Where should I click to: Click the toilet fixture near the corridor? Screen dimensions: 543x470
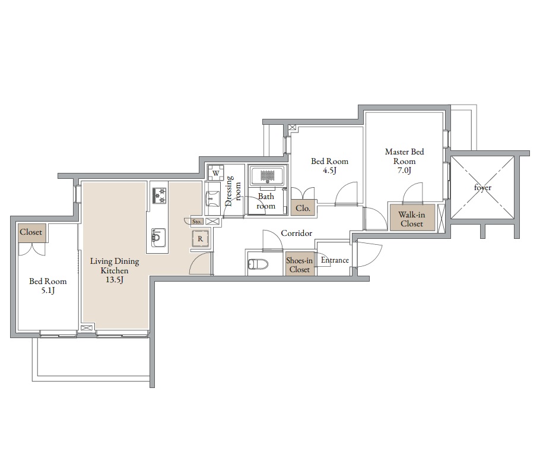(258, 264)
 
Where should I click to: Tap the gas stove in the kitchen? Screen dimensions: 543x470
(159, 195)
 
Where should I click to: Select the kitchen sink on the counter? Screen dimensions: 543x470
(158, 237)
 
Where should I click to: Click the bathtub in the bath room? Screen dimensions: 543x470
(267, 176)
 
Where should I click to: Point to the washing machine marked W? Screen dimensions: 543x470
(216, 173)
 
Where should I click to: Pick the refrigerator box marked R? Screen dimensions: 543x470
(201, 239)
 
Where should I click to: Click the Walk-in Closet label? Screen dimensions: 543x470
(412, 219)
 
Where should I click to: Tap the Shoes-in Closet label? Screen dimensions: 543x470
(299, 265)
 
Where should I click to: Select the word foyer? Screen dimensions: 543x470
(482, 188)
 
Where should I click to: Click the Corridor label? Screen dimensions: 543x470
(297, 234)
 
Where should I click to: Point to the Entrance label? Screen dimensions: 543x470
(335, 260)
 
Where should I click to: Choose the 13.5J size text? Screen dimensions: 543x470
(115, 280)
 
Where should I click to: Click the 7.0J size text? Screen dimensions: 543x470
(405, 170)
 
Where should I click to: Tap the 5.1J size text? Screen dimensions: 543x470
(48, 291)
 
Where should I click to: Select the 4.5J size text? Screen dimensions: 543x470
(330, 170)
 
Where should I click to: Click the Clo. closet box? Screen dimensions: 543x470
(303, 209)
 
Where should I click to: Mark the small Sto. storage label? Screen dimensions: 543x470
(197, 222)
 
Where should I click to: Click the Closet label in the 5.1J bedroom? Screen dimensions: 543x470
(31, 232)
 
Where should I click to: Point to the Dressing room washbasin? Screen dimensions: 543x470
(212, 199)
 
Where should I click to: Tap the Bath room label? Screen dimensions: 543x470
(266, 201)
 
